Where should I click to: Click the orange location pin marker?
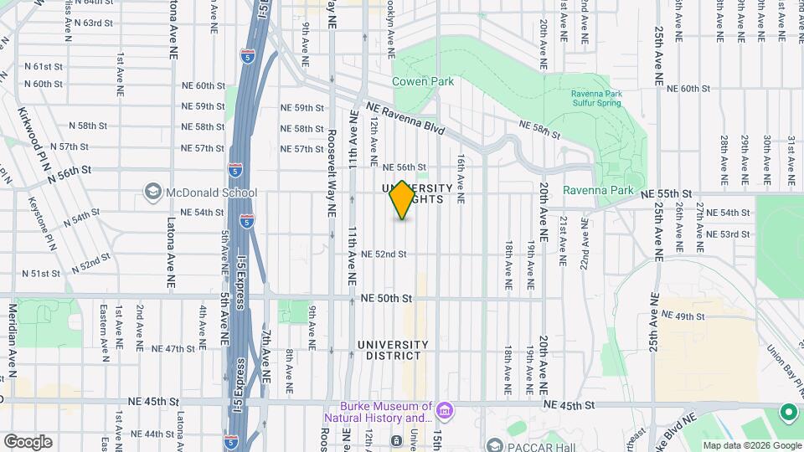(402, 200)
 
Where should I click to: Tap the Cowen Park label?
(423, 81)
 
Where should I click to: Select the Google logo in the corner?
(28, 442)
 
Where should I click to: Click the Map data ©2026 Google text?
(751, 445)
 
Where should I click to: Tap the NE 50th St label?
(387, 298)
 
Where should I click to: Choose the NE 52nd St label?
(384, 254)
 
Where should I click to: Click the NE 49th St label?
(684, 316)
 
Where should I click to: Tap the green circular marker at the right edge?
(788, 412)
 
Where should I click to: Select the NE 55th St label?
(666, 193)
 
